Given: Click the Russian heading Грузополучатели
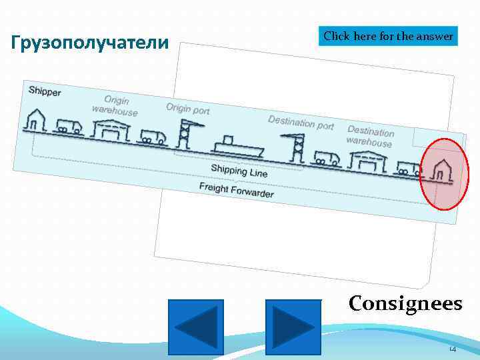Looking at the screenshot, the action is (91, 44).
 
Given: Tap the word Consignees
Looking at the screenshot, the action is (405, 303).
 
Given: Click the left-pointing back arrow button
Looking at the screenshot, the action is (196, 327).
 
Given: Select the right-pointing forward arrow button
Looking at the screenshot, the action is (293, 327).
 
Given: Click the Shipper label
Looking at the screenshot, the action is (45, 91).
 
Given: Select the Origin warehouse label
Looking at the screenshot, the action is (115, 105).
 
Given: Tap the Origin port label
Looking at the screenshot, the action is (187, 108).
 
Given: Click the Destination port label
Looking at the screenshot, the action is (301, 122).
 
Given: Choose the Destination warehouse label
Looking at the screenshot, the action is (371, 137).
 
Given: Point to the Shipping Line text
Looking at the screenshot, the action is (239, 171).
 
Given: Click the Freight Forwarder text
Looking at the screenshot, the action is (236, 189).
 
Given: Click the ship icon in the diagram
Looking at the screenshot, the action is (237, 147).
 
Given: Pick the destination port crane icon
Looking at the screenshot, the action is (294, 148).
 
